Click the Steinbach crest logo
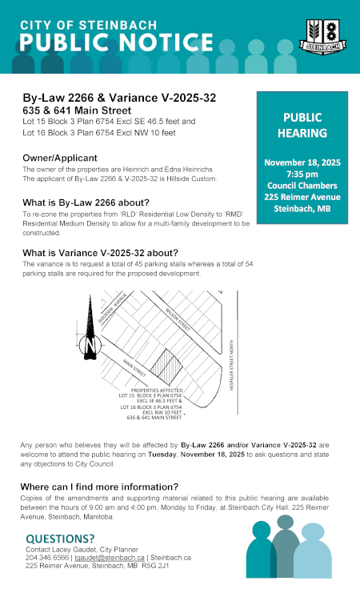[x=321, y=36]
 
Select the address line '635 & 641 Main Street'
[x=77, y=110]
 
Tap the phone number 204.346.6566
[x=46, y=557]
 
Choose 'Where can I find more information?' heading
[x=99, y=486]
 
